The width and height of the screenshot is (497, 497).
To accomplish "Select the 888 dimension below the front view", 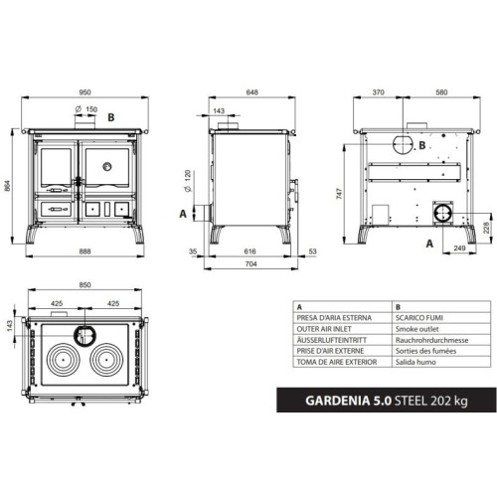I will [x=86, y=252].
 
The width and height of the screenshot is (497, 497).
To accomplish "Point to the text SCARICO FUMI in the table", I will [x=416, y=318].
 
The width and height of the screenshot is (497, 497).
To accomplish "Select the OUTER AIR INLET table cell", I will [x=326, y=328].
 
